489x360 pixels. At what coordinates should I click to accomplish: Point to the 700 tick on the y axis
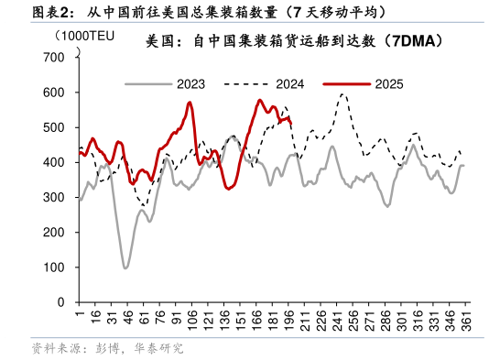click(x=55, y=58)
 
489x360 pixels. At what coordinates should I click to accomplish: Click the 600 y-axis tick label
click(x=55, y=93)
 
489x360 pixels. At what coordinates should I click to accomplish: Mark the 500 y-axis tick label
click(x=55, y=127)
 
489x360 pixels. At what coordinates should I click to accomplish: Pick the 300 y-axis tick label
click(x=55, y=197)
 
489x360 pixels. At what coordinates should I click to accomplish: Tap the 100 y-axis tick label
click(x=55, y=267)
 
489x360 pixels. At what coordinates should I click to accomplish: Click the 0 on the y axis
click(x=60, y=301)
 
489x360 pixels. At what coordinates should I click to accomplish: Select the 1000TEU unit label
click(x=84, y=36)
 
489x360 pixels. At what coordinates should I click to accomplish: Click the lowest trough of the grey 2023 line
click(x=125, y=267)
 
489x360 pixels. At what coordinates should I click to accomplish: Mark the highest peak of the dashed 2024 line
click(x=342, y=93)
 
